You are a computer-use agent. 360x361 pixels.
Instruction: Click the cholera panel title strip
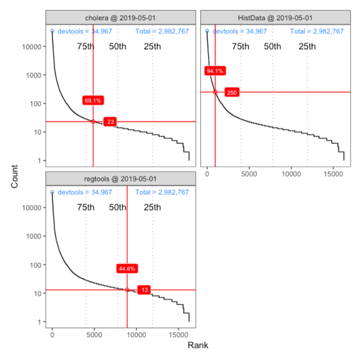[120, 18]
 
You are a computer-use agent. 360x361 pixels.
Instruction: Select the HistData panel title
[275, 18]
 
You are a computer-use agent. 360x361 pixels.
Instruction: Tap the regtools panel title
[120, 179]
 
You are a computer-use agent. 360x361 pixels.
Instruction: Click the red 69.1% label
[93, 101]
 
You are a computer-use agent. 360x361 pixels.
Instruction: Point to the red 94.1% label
[215, 71]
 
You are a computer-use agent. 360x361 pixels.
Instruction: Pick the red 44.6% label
[127, 269]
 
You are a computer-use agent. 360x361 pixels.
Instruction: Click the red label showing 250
[232, 92]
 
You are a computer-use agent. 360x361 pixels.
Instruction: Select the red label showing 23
[111, 122]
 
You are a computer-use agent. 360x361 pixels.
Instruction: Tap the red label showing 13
[144, 290]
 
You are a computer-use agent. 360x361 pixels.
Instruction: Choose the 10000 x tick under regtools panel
[136, 334]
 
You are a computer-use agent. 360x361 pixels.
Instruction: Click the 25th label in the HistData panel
[307, 46]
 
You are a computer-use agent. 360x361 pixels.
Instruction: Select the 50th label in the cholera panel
[118, 46]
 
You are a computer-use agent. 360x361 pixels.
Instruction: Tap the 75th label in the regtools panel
[86, 207]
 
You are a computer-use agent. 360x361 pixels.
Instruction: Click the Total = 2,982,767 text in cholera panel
[162, 31]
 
